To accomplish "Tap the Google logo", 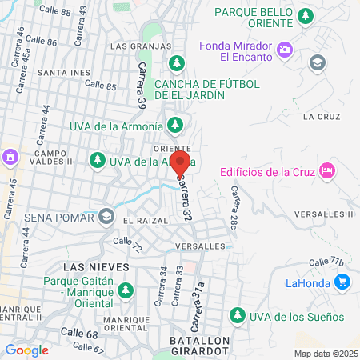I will tap(26, 350).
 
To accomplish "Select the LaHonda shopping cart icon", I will tap(342, 281).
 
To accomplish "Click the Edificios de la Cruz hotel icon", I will tap(326, 170).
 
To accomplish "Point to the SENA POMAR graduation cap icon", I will tap(106, 217).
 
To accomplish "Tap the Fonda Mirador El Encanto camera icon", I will tap(285, 52).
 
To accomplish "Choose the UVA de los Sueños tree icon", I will tap(236, 316).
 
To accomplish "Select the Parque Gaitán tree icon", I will tap(125, 294).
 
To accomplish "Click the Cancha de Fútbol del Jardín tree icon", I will tap(179, 63).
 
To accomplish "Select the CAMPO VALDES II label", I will tap(54, 158).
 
